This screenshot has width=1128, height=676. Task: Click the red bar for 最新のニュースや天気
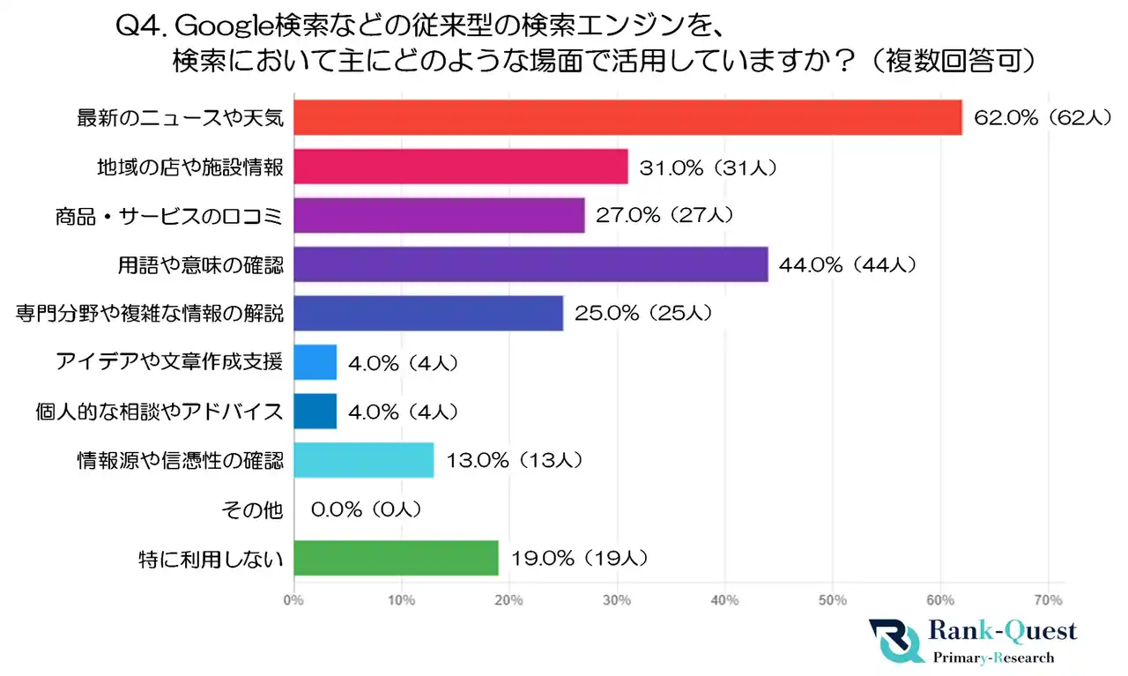pyautogui.click(x=627, y=117)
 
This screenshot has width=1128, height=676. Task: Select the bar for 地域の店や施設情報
pyautogui.click(x=460, y=166)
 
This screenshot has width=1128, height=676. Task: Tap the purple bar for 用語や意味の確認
pyautogui.click(x=531, y=264)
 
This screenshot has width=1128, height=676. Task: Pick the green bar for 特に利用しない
pyautogui.click(x=396, y=557)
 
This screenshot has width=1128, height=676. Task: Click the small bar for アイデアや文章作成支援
pyautogui.click(x=315, y=362)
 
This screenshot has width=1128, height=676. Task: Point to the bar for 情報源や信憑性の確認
pyautogui.click(x=363, y=459)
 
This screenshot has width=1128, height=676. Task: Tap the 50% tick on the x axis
pyautogui.click(x=832, y=600)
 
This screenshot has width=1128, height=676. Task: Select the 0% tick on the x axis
pyautogui.click(x=293, y=600)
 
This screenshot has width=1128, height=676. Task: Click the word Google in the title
pyautogui.click(x=218, y=27)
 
